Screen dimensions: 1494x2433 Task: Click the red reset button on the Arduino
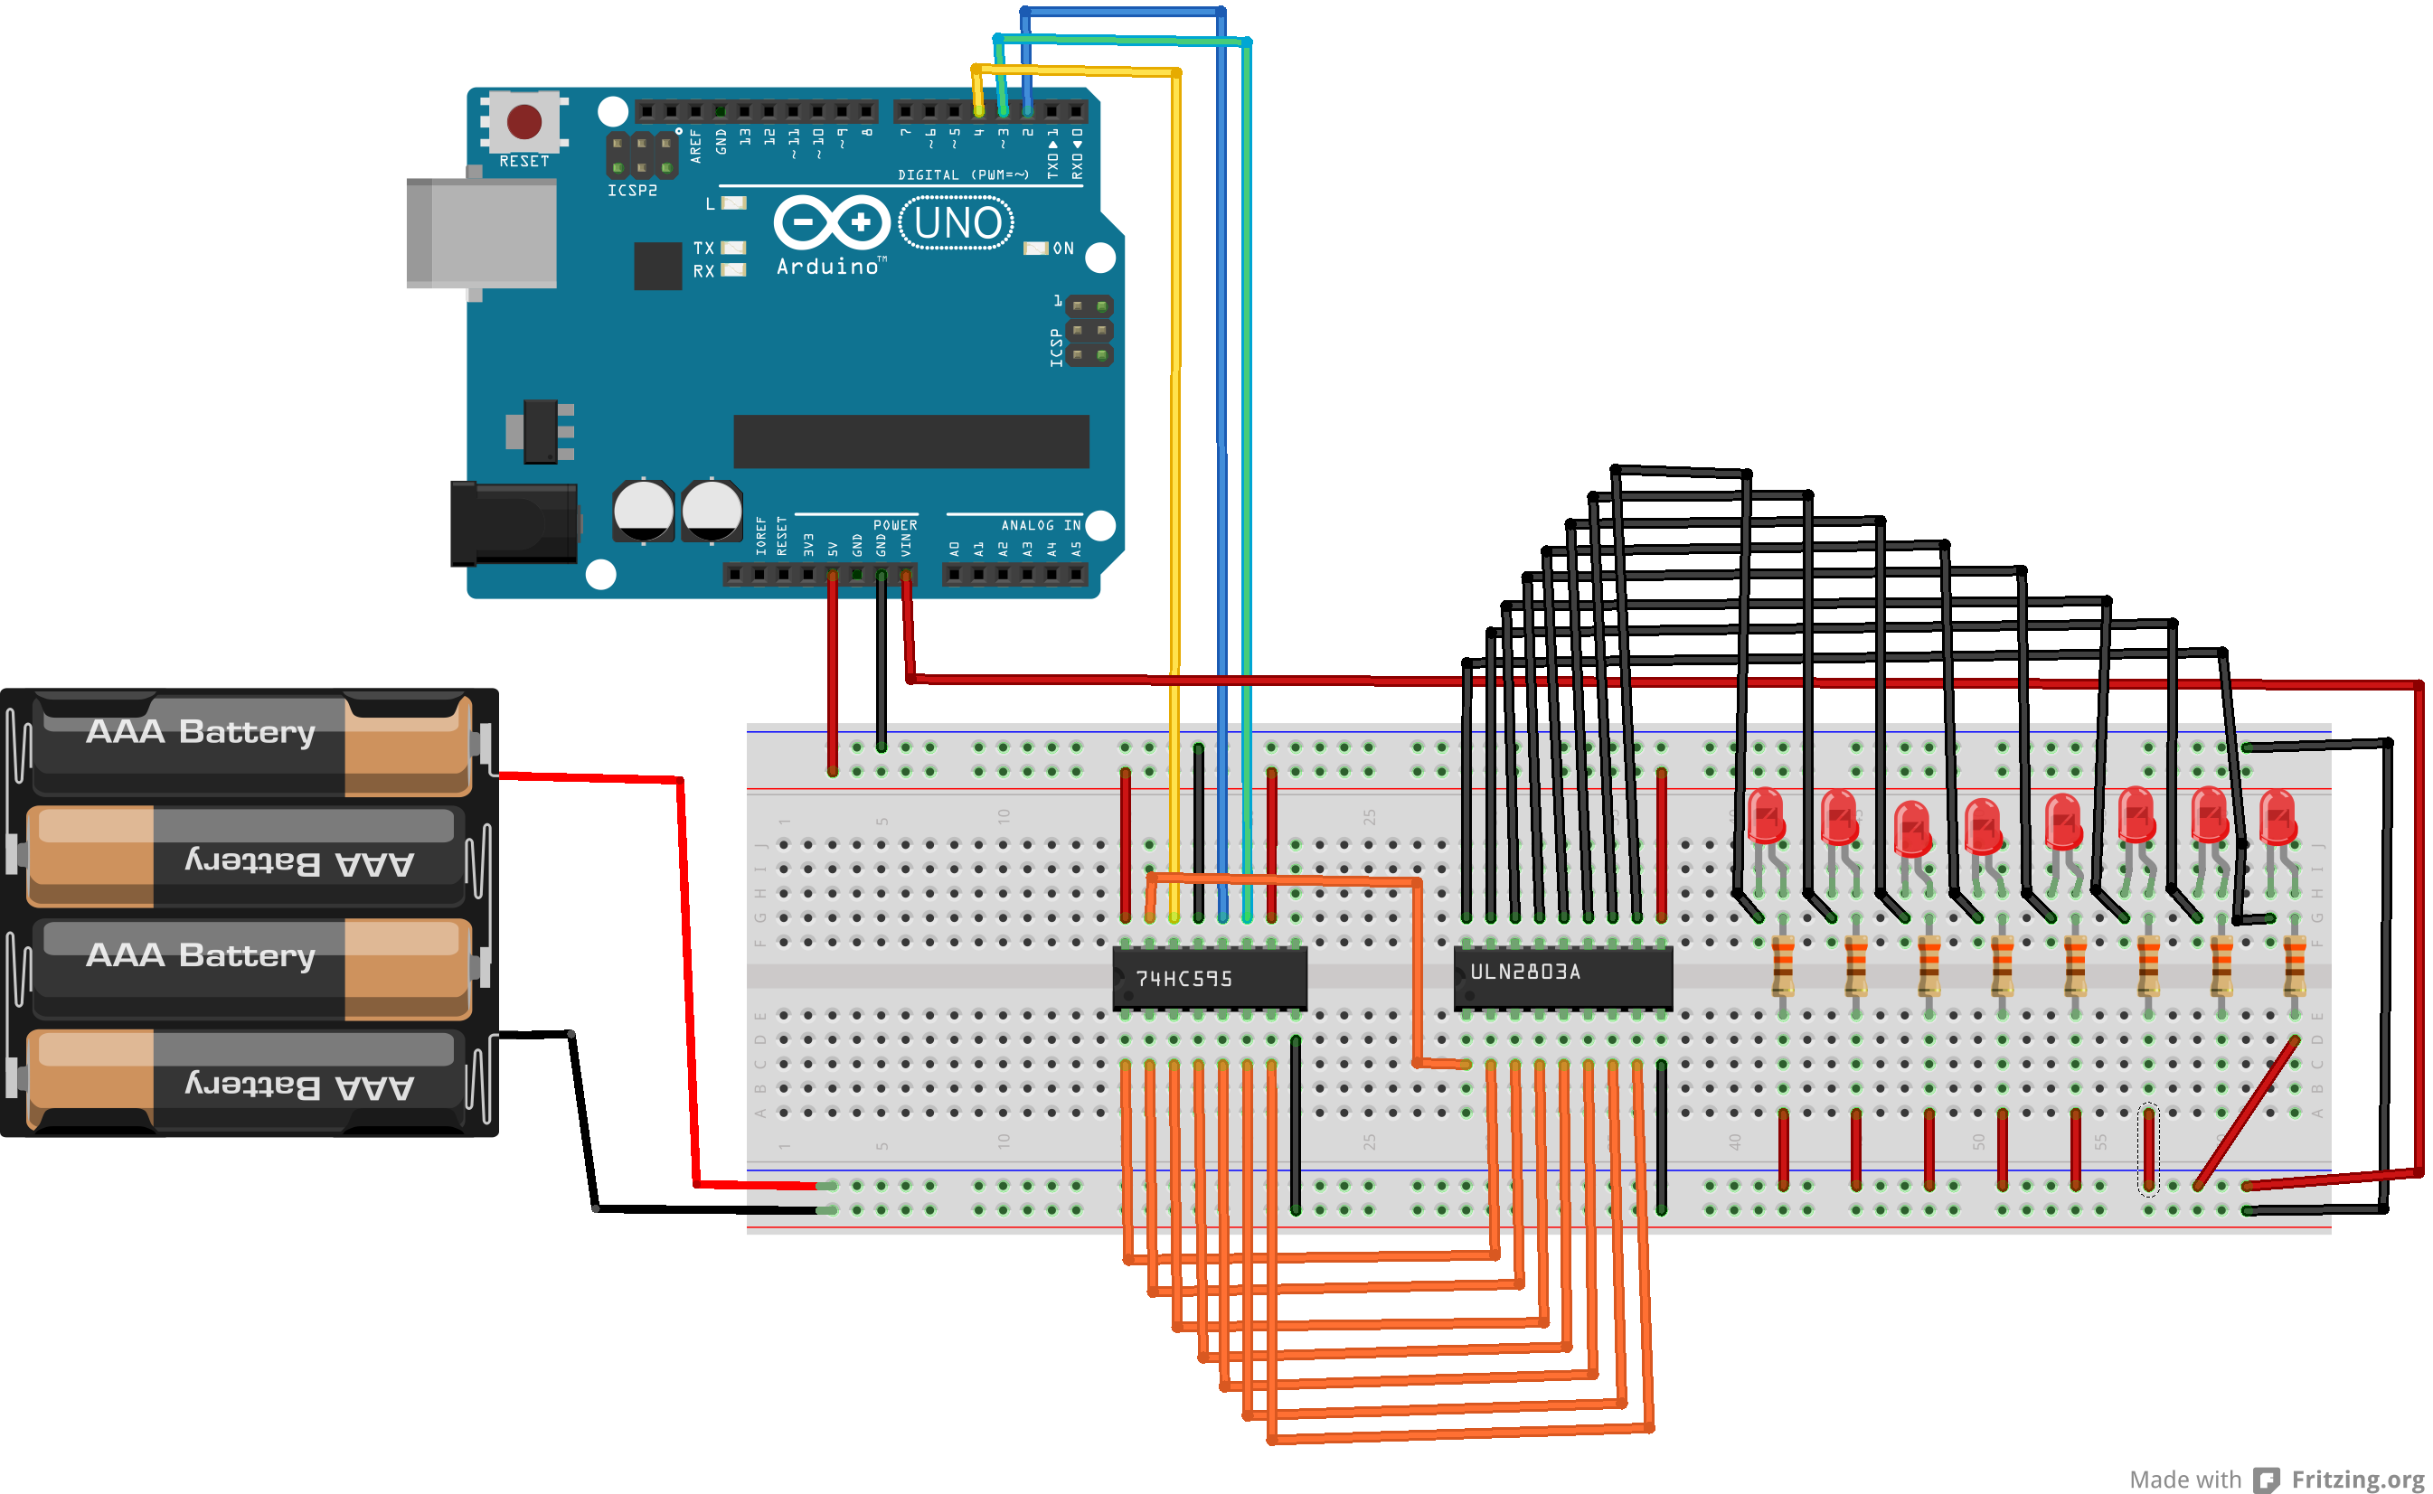point(523,121)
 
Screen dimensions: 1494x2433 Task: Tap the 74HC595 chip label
point(1183,978)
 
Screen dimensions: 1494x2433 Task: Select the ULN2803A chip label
point(1525,972)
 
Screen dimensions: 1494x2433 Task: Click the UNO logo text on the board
point(957,223)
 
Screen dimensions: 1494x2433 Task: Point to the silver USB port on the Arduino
point(482,233)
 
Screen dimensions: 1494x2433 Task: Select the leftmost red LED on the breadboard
point(1766,817)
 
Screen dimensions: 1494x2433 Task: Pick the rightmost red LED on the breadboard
point(2277,817)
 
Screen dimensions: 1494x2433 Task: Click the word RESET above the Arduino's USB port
point(523,161)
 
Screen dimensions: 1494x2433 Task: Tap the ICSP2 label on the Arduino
point(631,191)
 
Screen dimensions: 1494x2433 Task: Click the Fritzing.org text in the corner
point(2357,1480)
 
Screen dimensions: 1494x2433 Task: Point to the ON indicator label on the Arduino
point(1062,248)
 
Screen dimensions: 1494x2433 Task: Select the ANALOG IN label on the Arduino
point(1041,525)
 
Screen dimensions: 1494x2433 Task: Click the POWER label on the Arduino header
point(894,525)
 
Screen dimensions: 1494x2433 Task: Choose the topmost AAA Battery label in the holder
point(201,732)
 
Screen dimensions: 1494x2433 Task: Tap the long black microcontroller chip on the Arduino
point(910,441)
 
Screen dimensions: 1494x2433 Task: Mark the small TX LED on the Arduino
point(733,248)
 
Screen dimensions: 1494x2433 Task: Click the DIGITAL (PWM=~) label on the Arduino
point(963,175)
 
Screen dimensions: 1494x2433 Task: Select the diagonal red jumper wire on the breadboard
point(2246,1113)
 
